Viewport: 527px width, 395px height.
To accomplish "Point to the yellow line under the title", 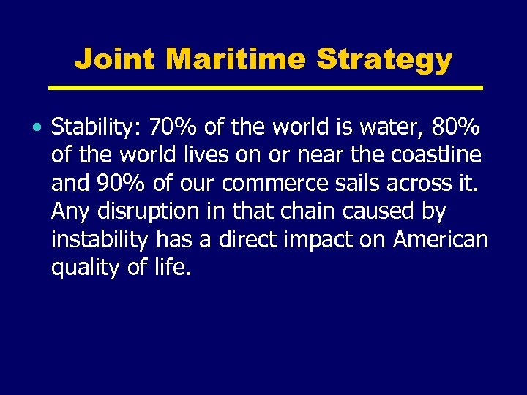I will [x=265, y=88].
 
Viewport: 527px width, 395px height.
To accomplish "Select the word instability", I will [x=99, y=239].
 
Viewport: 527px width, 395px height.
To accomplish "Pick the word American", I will [x=441, y=239].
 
